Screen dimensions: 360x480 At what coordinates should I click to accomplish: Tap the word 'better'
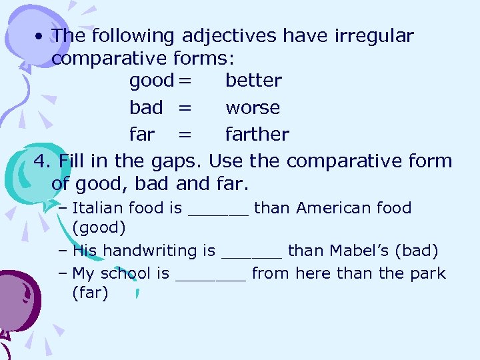[253, 81]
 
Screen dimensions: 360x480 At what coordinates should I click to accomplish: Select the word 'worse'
[253, 108]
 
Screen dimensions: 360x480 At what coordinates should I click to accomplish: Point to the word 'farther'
[257, 134]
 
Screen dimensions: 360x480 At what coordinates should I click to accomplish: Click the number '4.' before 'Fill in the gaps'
[43, 161]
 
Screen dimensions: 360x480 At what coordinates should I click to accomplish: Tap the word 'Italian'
[98, 208]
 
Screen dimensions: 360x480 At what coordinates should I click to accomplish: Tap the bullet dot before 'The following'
[41, 37]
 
